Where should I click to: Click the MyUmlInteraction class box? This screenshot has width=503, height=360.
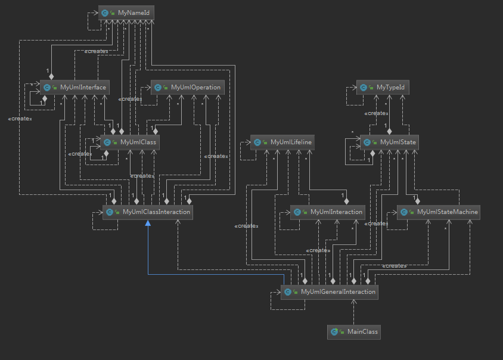327,212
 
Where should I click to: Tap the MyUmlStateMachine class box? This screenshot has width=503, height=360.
439,212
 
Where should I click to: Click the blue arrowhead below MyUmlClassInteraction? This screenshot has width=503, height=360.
148,222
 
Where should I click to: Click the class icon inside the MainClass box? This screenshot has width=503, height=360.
334,331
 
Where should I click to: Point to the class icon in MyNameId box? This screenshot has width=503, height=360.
105,12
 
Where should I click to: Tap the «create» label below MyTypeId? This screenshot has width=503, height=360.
377,113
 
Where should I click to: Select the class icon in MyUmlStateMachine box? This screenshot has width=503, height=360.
404,212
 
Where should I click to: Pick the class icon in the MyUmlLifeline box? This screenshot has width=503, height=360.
257,142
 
